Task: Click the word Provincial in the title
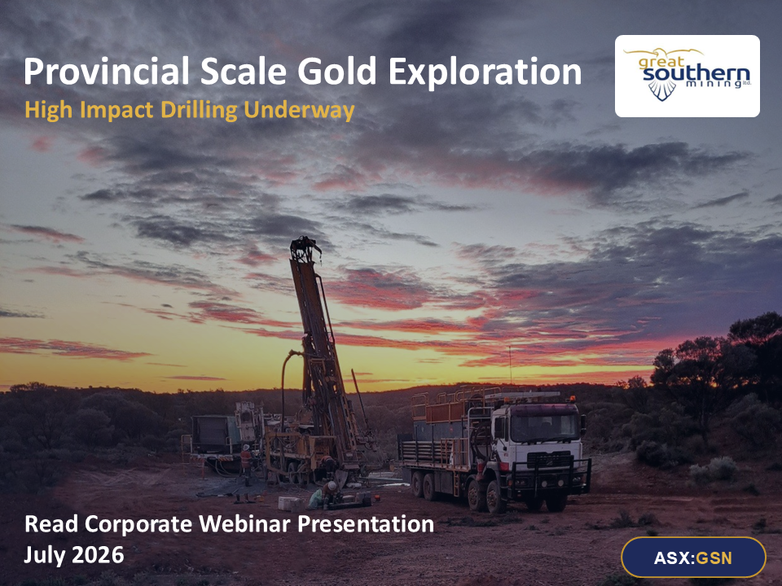(107, 72)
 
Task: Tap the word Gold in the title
(336, 72)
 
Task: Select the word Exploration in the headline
(485, 72)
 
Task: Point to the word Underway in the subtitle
(299, 111)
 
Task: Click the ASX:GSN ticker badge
(693, 558)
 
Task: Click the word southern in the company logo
(696, 74)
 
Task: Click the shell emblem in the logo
(661, 90)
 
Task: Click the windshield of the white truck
(543, 426)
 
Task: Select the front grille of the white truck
(549, 461)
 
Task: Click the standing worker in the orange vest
(246, 463)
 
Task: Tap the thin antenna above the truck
(510, 366)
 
